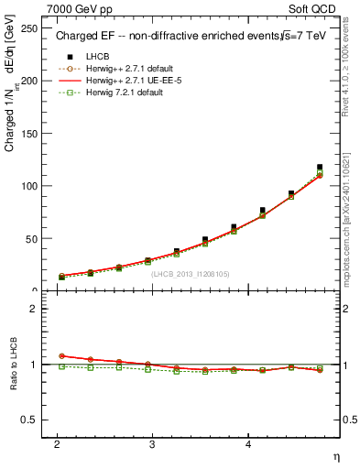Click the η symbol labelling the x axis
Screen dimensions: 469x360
(336, 456)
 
